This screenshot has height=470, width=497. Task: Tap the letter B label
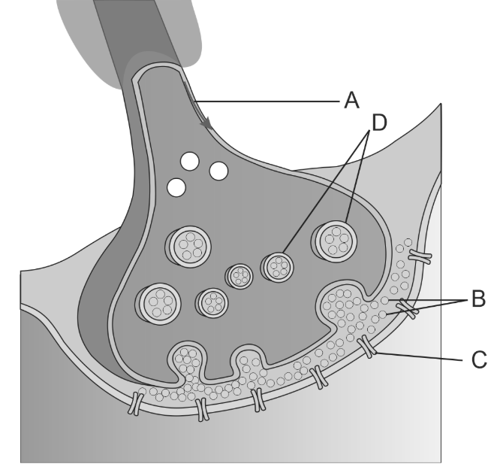coord(477,300)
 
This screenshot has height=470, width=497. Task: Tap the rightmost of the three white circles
coord(219,171)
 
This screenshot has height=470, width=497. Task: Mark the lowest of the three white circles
coord(177,186)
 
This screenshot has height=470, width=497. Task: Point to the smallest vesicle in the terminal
coord(241,276)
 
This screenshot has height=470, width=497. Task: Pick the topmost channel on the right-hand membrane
coord(422,258)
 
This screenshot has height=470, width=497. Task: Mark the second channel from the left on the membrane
coord(200,409)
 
